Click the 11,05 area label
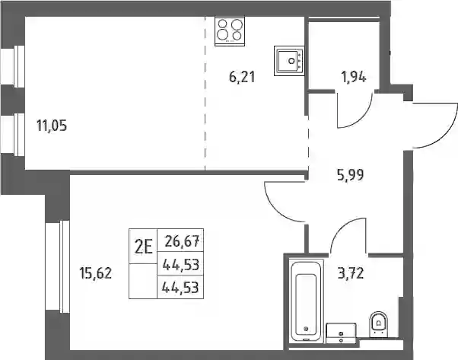(x=52, y=126)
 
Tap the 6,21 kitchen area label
(x=242, y=78)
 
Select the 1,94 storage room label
(x=354, y=78)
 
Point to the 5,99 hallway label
(x=350, y=175)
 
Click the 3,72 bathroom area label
(x=351, y=273)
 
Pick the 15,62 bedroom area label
(x=96, y=273)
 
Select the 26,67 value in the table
(x=183, y=241)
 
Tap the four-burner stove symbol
(x=230, y=31)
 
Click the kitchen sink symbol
(x=289, y=61)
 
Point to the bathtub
(x=306, y=301)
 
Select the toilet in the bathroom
(x=379, y=324)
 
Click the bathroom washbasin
(x=341, y=333)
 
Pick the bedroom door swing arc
(x=277, y=208)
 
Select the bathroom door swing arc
(x=342, y=228)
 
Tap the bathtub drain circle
(x=306, y=329)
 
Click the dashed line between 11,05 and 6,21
(x=205, y=93)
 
